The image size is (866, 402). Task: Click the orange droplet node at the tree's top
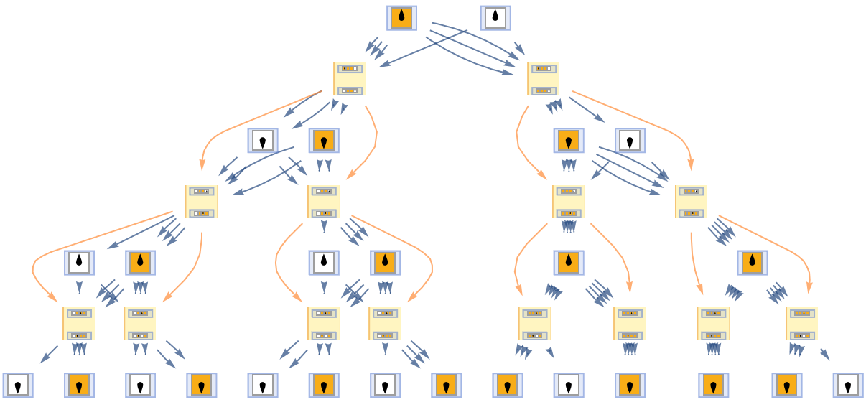[401, 18]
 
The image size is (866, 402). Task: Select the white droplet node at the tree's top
[495, 18]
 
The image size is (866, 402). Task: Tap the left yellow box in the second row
[349, 79]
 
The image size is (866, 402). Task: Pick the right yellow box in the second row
[543, 79]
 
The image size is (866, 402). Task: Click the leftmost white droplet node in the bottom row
[18, 385]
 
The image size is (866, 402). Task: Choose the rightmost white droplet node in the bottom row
[848, 385]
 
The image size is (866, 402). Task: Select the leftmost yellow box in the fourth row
[201, 202]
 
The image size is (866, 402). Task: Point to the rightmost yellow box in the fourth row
[691, 202]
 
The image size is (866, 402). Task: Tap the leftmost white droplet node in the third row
[263, 141]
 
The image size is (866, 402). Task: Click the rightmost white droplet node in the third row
[630, 141]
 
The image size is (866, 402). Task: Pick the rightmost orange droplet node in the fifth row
[752, 263]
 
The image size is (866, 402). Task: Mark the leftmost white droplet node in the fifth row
[79, 263]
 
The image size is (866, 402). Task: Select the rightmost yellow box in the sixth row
[801, 324]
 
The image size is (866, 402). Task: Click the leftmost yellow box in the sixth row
[78, 324]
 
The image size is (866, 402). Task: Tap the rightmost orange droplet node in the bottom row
[786, 385]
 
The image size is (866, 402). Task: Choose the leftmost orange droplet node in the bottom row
[79, 385]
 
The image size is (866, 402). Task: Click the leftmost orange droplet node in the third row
[324, 141]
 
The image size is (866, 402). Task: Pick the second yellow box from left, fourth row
[323, 202]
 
